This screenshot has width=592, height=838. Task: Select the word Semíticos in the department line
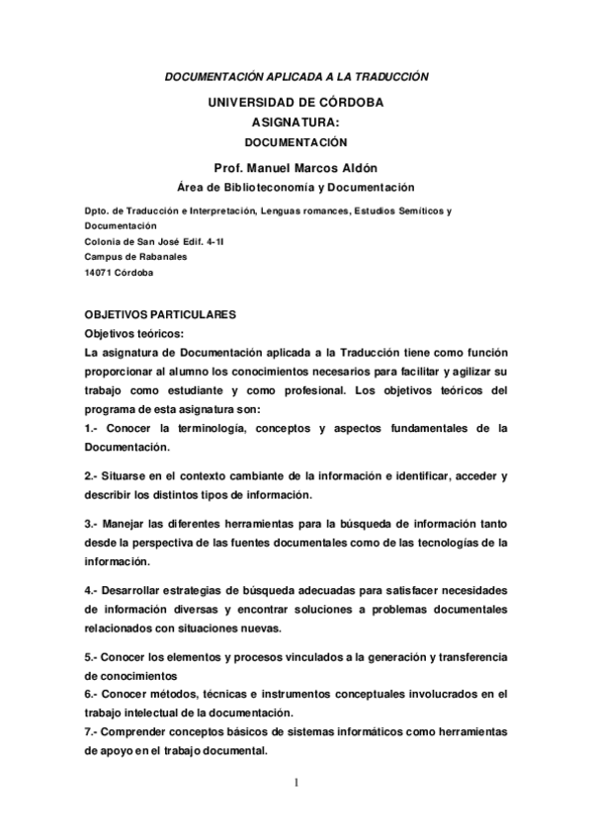pyautogui.click(x=418, y=210)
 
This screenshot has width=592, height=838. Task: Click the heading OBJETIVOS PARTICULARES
pyautogui.click(x=160, y=314)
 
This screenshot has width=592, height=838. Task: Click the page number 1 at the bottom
pyautogui.click(x=296, y=787)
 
